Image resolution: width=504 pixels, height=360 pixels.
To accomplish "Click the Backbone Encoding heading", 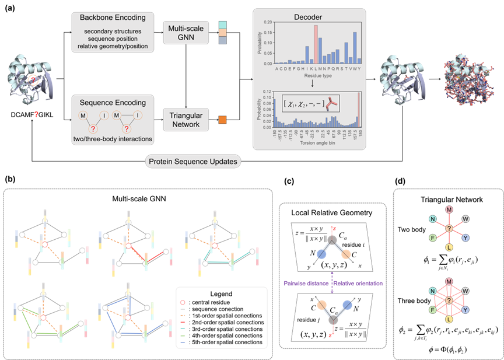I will [113, 18].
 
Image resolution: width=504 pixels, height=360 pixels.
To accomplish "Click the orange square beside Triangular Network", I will [223, 120].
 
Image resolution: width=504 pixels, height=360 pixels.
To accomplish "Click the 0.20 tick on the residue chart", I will [268, 22].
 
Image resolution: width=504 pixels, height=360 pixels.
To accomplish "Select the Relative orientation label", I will [358, 283].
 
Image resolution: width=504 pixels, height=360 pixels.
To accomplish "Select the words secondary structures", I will [113, 31].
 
